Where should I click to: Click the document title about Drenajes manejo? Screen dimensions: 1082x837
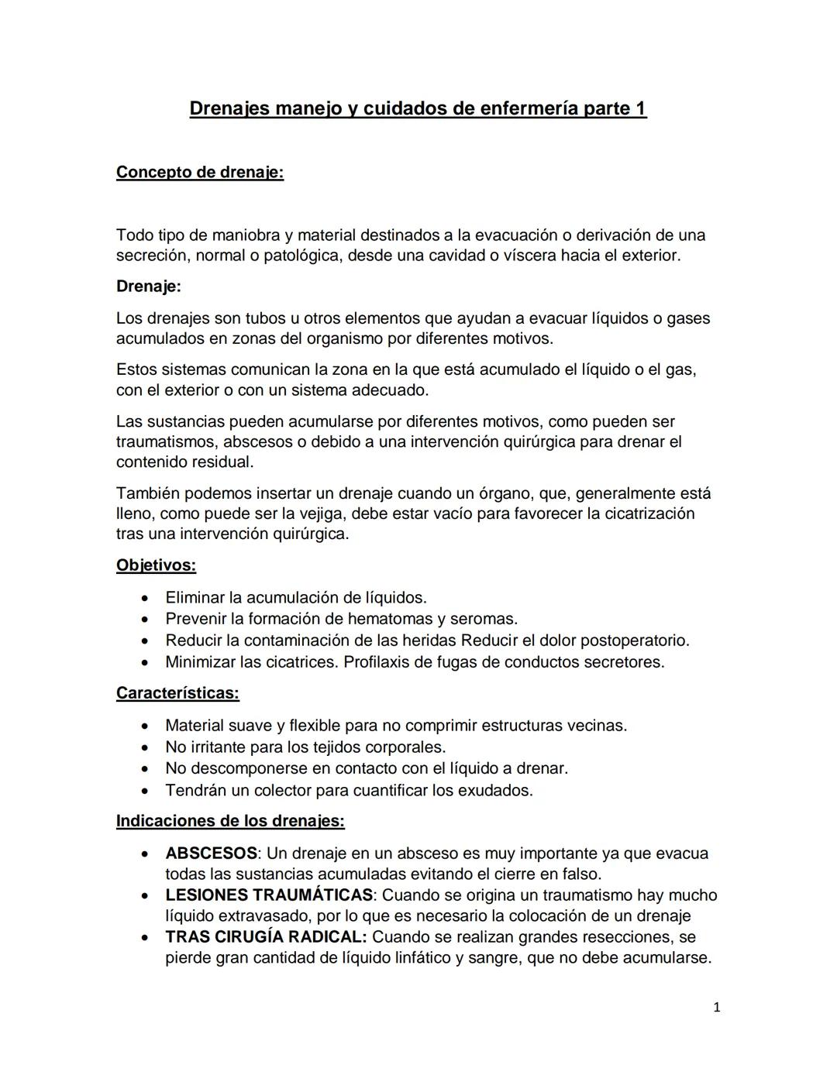pyautogui.click(x=418, y=108)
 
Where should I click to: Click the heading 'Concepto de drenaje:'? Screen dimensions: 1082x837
pyautogui.click(x=200, y=172)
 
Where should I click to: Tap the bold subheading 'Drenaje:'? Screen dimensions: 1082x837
pyautogui.click(x=148, y=286)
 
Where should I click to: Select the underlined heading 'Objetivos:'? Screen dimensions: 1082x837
pyautogui.click(x=156, y=565)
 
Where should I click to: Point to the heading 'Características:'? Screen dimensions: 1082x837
pyautogui.click(x=177, y=693)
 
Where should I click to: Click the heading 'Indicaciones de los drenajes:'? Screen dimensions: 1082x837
pyautogui.click(x=230, y=820)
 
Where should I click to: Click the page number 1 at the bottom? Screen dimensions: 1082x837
pyautogui.click(x=716, y=1008)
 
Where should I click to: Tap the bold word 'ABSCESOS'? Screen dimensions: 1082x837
pyautogui.click(x=211, y=854)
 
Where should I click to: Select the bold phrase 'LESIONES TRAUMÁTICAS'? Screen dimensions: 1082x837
pyautogui.click(x=269, y=895)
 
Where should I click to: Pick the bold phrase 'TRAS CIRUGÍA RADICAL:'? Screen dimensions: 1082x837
pyautogui.click(x=266, y=937)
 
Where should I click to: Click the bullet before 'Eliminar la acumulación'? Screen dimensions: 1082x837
pyautogui.click(x=145, y=598)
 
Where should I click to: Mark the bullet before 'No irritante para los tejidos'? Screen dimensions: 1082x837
pyautogui.click(x=145, y=747)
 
